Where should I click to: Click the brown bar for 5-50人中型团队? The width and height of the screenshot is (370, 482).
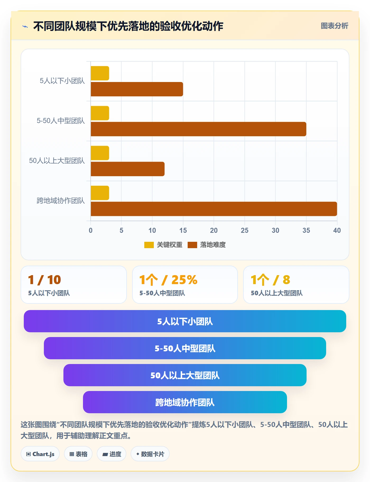pos(198,129)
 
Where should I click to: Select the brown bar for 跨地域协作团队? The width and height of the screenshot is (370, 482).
pos(214,209)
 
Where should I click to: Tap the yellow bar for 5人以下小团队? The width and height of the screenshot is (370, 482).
pos(100,73)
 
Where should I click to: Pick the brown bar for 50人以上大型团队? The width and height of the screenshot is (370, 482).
pos(128,169)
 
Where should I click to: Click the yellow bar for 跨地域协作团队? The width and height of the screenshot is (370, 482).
pos(100,193)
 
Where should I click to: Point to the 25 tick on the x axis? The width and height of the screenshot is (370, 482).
pos(244,230)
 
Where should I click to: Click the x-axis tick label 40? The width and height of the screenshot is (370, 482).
pos(337,230)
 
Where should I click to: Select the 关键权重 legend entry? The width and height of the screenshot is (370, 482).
pos(163,245)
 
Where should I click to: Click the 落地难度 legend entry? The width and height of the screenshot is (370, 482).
pos(207,245)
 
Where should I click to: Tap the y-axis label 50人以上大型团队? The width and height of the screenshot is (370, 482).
pos(57,161)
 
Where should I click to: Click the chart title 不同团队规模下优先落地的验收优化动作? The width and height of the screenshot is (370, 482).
pos(128,26)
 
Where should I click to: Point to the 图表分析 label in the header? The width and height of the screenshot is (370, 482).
pos(334,26)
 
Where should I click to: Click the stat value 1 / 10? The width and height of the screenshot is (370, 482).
pos(45,280)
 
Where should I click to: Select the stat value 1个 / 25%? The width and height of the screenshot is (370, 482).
pos(168,280)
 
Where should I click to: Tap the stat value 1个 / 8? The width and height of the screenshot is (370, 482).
pos(270,280)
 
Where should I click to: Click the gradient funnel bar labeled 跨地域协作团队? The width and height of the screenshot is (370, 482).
pos(185,402)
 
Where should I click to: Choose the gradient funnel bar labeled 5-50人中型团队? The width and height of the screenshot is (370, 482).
pos(185,348)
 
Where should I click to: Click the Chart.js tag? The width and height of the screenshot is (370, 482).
pos(40,454)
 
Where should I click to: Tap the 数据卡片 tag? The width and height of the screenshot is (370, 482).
pos(150,454)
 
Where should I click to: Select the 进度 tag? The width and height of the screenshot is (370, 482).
pos(112,454)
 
